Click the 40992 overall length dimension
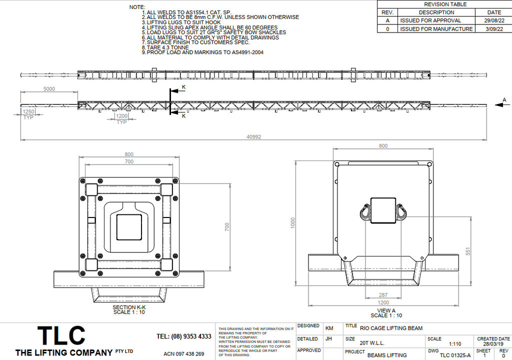pos(253,137)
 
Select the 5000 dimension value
pos(49,89)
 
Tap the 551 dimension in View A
pos(468,251)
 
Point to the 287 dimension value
pos(383,295)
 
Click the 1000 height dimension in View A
pos(292,223)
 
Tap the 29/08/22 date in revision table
pos(494,20)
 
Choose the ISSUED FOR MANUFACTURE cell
pos(436,28)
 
